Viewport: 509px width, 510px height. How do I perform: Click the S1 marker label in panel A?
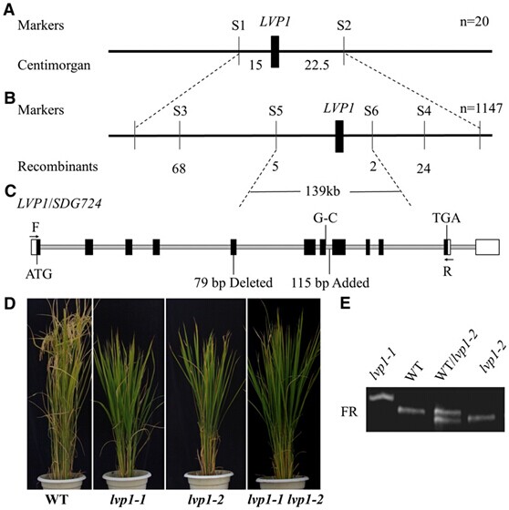point(238,25)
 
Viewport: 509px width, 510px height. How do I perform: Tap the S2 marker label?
point(344,25)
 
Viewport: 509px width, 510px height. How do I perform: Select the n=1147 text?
point(481,108)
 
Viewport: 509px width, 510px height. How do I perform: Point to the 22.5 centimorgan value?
point(317,65)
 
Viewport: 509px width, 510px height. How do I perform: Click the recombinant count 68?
point(179,168)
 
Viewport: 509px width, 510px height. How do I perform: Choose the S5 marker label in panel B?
point(275,111)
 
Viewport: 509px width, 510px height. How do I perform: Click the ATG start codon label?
point(39,274)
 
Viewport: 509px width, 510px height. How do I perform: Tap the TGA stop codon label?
point(446,218)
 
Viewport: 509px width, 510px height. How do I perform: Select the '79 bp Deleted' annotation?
point(234,282)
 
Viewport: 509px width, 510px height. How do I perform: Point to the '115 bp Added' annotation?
point(330,282)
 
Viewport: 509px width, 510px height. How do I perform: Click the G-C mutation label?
point(326,218)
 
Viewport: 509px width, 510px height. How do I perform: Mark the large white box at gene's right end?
point(487,247)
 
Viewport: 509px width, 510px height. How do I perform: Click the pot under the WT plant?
point(62,482)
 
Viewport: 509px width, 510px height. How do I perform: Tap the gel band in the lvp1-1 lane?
point(381,397)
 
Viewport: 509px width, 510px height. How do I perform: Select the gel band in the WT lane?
point(411,411)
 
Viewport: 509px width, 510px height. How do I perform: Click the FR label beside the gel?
point(349,412)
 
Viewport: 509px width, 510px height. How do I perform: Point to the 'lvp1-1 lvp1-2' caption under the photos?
point(286,500)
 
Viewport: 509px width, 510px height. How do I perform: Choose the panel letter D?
point(10,303)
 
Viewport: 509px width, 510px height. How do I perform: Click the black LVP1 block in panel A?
point(275,52)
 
